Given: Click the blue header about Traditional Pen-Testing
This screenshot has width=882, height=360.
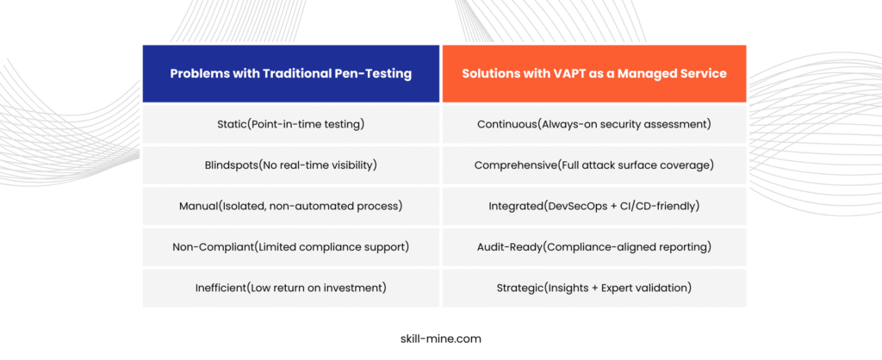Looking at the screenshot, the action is pos(291,74).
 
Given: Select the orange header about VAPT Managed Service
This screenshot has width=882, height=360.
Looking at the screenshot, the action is pos(594,74).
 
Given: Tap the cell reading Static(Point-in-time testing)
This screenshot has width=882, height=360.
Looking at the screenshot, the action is pos(291,124).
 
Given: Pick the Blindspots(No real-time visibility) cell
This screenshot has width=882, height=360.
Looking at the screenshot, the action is pos(291,165).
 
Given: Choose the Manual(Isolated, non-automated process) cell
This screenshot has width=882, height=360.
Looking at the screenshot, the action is pos(291,207).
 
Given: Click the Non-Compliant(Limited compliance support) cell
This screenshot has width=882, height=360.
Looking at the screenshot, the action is pos(291,247).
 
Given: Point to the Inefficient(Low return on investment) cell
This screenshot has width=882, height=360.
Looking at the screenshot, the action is pos(291,288).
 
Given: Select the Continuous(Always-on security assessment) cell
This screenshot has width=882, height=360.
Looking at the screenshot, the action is pos(594,124).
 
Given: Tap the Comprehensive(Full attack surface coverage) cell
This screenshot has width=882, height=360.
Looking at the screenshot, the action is pos(594,165).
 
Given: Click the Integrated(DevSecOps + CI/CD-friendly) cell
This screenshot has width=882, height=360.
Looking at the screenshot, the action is pos(594,207).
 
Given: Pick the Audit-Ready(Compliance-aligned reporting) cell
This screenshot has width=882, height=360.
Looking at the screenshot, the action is pos(594,247).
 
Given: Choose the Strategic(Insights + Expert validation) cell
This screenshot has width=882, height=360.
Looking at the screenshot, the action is pos(594,288).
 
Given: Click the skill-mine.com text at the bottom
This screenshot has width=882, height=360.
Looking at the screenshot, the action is pos(440,339).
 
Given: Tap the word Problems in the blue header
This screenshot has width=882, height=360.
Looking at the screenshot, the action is pos(195,74).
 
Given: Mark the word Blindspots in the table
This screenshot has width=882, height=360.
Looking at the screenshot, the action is pos(231,165).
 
